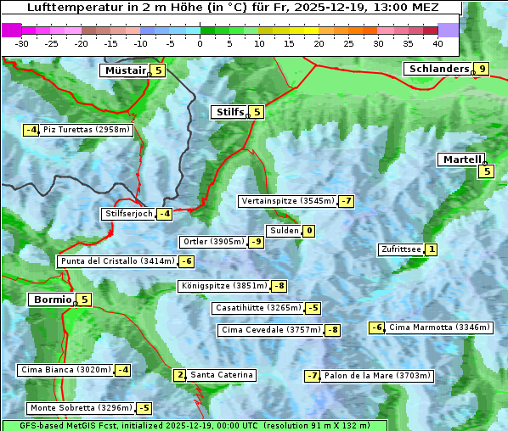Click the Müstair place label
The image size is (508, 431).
click(124, 70)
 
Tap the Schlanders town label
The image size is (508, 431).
click(438, 69)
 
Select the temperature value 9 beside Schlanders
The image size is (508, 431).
click(483, 69)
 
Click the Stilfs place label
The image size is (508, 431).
click(229, 111)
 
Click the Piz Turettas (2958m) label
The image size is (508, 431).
click(87, 130)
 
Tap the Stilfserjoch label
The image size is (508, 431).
click(128, 214)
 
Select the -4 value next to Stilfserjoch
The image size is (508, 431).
click(165, 214)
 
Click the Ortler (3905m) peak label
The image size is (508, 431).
click(213, 242)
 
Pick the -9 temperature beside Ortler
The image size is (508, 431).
click(256, 242)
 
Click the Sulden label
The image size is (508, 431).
click(283, 231)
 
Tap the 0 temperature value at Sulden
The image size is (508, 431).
click(309, 231)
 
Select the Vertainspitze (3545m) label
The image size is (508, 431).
click(287, 201)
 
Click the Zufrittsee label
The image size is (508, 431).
click(401, 249)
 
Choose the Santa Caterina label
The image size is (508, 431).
click(221, 375)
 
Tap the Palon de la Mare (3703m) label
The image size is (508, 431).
click(378, 376)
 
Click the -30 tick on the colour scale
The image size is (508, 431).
click(22, 42)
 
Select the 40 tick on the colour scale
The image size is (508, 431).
click(437, 42)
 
